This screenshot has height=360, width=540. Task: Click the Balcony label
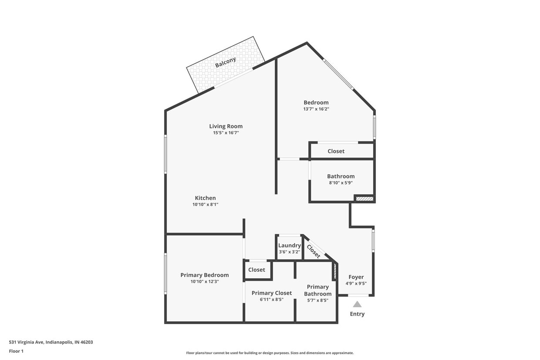[x=226, y=62]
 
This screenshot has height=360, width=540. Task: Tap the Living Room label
[x=226, y=126]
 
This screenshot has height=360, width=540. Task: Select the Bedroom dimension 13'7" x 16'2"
[x=316, y=109]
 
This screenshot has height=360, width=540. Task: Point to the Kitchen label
[x=205, y=198]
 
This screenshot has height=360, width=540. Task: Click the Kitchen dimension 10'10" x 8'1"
[x=205, y=204]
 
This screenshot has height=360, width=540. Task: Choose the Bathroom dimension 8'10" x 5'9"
[x=341, y=183]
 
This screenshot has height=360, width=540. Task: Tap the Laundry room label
[x=290, y=246]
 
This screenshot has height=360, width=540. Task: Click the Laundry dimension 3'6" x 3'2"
[x=290, y=252]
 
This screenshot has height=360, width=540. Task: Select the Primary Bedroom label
[x=205, y=275]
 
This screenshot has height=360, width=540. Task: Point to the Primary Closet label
[x=272, y=293]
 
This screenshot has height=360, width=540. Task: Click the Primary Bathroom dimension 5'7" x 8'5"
[x=318, y=300]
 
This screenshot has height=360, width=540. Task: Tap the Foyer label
[x=356, y=277]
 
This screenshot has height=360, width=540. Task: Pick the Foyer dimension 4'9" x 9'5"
[x=356, y=283]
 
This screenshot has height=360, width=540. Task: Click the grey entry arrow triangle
[x=357, y=304]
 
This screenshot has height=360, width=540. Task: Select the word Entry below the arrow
[x=357, y=314]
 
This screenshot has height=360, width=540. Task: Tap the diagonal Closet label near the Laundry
[x=314, y=251]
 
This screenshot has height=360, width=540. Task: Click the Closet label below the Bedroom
[x=336, y=151]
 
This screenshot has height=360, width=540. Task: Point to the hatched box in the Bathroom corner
[x=364, y=199]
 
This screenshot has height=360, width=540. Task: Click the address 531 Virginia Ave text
[x=51, y=342]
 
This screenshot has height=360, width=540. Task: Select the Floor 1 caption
[x=16, y=351]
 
